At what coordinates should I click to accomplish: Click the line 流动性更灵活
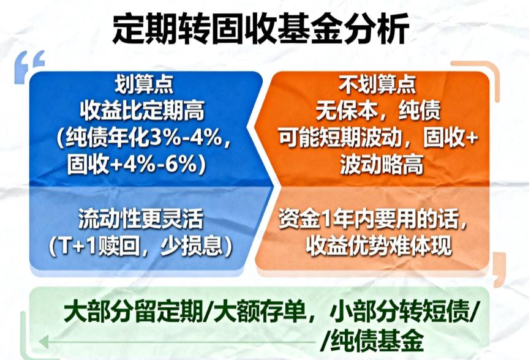click(140, 219)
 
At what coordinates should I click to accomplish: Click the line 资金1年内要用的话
click(375, 219)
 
